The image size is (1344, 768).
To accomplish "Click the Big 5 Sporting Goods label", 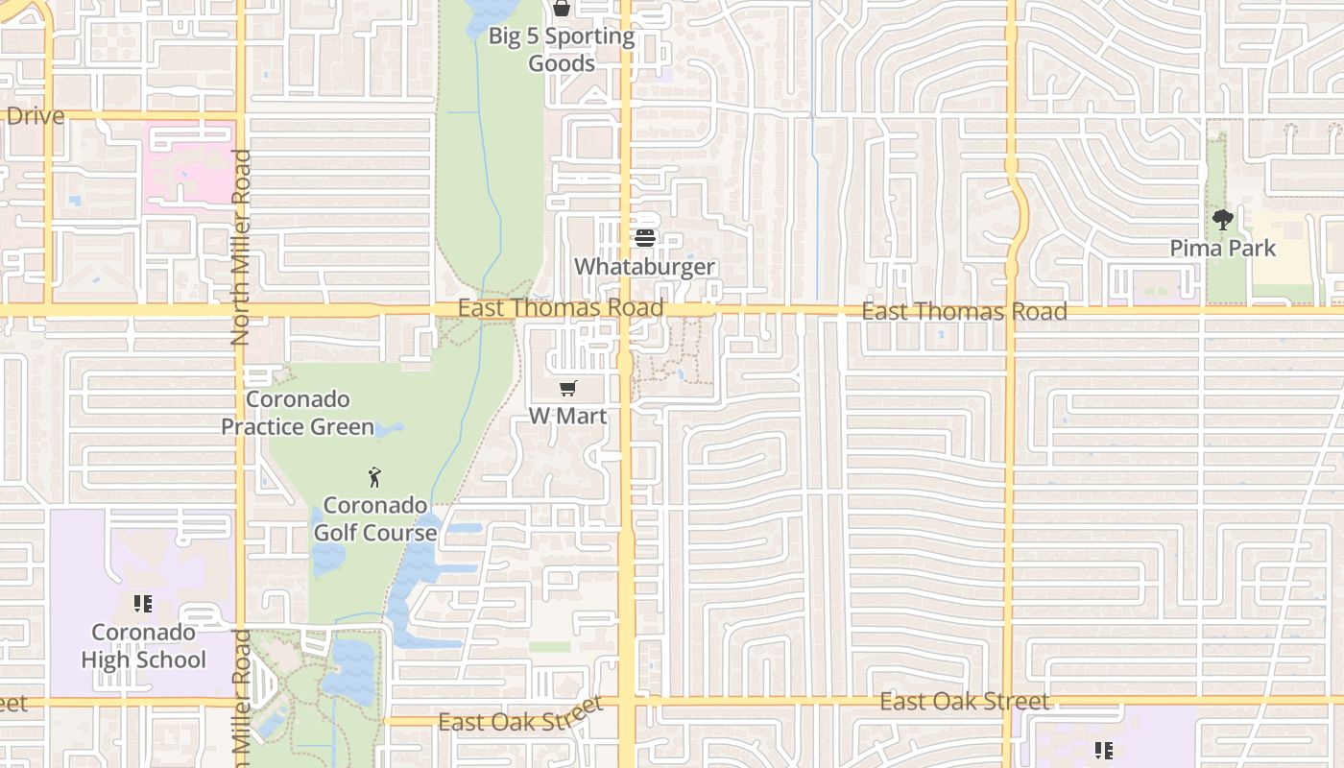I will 562,50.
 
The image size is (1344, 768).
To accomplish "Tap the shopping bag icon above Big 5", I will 562,9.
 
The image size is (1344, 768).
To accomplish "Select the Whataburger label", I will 645,266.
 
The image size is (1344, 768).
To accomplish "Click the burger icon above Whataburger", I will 645,237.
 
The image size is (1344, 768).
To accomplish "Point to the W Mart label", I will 568,416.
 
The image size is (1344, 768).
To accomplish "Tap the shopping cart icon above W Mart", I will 568,389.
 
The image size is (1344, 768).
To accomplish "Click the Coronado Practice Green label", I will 298,413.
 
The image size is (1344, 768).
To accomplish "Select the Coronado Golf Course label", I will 374,518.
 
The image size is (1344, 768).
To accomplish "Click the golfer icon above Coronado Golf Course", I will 374,476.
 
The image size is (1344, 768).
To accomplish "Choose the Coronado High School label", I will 143,646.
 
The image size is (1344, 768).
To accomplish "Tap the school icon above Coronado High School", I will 143,604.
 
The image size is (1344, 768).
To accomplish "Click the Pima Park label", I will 1223,248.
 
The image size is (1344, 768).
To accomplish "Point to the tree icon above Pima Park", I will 1223,220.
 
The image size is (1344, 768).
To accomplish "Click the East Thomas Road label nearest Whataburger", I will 561,307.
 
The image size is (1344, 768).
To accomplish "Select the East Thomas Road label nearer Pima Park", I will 964,311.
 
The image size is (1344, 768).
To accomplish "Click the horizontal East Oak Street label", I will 964,702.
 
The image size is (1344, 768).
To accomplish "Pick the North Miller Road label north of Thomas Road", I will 240,247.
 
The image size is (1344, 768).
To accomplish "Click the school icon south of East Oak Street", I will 1104,750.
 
